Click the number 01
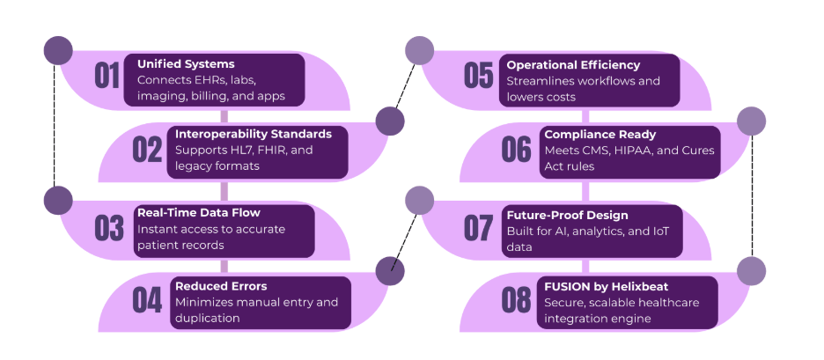click(x=107, y=77)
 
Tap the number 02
click(x=147, y=150)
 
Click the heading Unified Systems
click(x=186, y=64)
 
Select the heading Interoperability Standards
click(x=254, y=135)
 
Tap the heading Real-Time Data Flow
click(x=199, y=213)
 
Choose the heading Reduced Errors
click(x=221, y=286)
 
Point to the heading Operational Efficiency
click(x=573, y=64)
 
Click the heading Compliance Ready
click(x=600, y=135)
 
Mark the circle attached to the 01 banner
click(x=57, y=50)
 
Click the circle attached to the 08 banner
click(x=751, y=271)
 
